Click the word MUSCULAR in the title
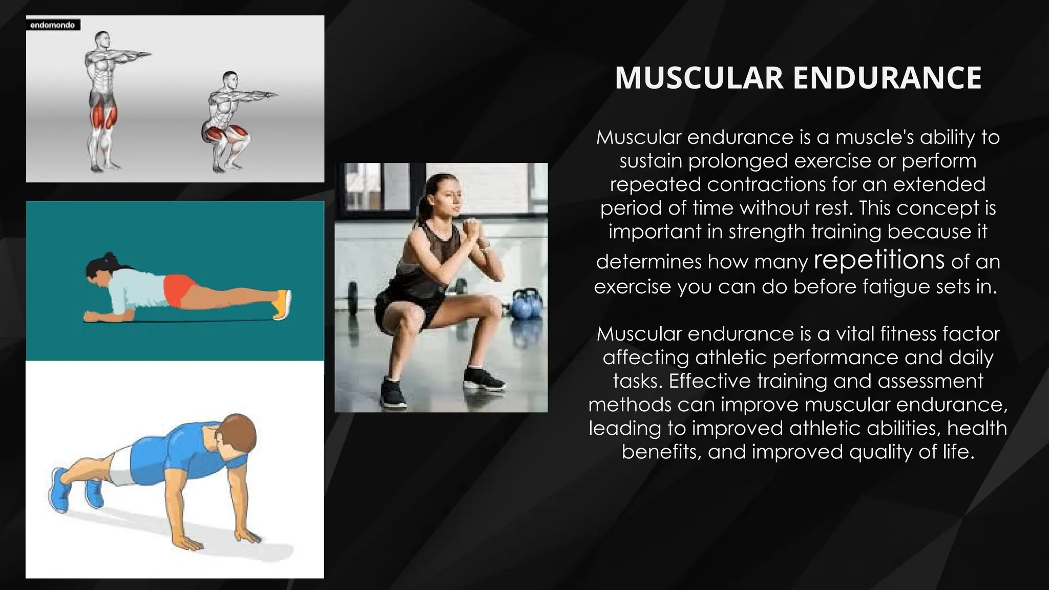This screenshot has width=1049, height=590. tap(699, 78)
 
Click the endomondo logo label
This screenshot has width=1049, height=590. tap(53, 25)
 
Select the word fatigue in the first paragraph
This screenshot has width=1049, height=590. tap(888, 286)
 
